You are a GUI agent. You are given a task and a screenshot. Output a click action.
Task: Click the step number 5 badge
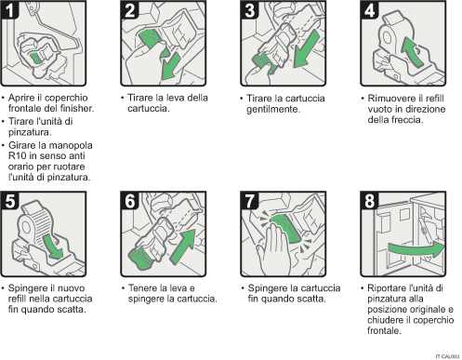click(x=12, y=199)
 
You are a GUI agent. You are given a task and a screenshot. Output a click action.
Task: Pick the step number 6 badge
click(x=129, y=199)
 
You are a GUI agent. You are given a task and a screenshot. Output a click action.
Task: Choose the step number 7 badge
click(x=247, y=199)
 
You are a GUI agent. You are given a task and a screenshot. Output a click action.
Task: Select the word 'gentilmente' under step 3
click(x=276, y=109)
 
